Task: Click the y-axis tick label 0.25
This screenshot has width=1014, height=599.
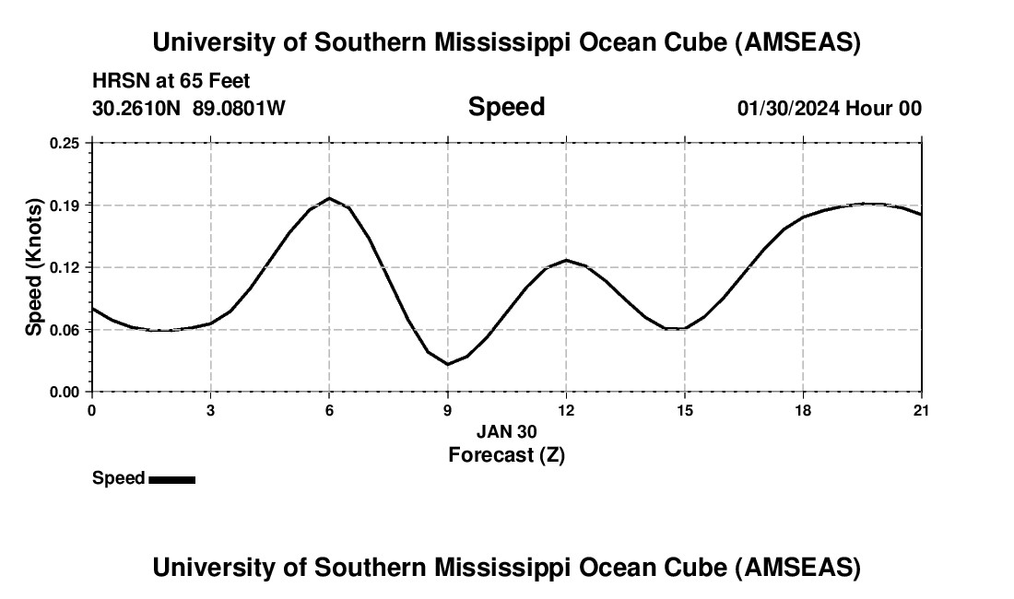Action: click(x=65, y=143)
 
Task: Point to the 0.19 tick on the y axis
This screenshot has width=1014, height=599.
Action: click(x=65, y=205)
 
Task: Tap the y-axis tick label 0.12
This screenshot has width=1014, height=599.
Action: click(x=65, y=267)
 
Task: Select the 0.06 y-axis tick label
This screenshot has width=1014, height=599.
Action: click(x=65, y=330)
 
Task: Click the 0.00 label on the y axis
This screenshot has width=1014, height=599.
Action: click(x=65, y=392)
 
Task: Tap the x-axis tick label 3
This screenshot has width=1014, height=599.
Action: click(x=210, y=409)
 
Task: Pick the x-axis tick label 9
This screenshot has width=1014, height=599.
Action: click(x=448, y=409)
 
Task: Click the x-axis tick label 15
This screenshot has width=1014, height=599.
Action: click(x=685, y=409)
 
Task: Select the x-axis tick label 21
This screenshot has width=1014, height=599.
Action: click(x=922, y=409)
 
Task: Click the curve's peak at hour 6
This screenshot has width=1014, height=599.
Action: click(x=329, y=198)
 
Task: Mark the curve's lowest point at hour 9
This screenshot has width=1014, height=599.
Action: click(x=448, y=364)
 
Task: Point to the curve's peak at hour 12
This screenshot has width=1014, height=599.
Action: click(x=566, y=260)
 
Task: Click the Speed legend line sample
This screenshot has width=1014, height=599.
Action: click(x=171, y=479)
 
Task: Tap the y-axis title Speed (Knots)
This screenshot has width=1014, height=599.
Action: click(x=34, y=267)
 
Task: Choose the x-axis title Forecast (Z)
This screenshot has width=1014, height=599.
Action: click(x=506, y=454)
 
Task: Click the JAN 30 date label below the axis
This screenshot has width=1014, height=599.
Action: click(x=506, y=431)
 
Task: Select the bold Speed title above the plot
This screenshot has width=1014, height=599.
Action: click(x=506, y=107)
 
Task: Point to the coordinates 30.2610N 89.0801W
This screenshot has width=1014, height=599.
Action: click(x=189, y=108)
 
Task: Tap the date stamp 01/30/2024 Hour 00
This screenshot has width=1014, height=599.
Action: click(x=829, y=108)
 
